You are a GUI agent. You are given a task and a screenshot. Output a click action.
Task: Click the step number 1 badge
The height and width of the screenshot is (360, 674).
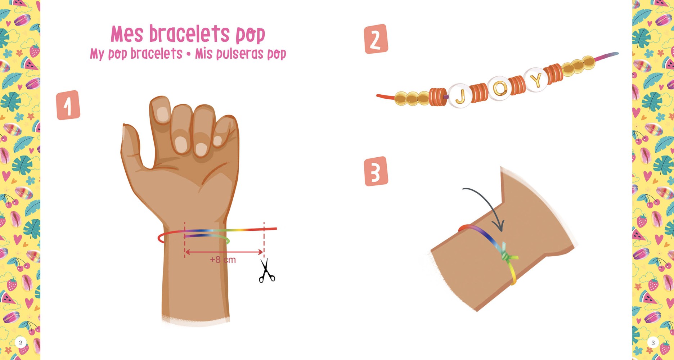[x=68, y=105]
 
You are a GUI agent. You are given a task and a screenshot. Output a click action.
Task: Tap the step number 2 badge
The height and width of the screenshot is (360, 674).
[x=376, y=39]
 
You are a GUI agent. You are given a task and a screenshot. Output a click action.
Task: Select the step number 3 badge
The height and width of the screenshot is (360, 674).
[x=376, y=171]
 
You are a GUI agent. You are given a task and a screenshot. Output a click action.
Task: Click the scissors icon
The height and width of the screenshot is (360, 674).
[x=266, y=270]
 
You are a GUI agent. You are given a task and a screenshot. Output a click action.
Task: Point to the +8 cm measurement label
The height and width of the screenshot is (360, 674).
[x=223, y=260]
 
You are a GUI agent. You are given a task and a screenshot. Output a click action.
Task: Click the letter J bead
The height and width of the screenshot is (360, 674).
[x=460, y=96]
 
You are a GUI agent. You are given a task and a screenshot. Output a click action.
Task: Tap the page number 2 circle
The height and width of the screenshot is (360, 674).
[x=21, y=342]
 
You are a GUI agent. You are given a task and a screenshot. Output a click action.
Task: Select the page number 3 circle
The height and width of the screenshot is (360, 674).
[x=653, y=343]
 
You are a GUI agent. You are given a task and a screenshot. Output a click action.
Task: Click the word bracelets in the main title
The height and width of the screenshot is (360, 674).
[x=189, y=34]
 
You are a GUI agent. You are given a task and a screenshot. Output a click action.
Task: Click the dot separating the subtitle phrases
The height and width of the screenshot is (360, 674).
[x=188, y=54]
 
